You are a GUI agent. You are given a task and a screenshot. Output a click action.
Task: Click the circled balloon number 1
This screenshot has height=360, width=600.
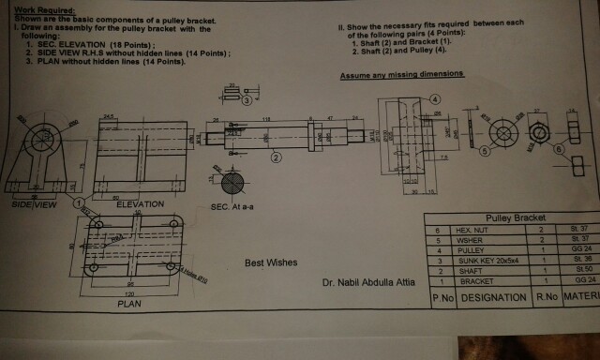[80, 201]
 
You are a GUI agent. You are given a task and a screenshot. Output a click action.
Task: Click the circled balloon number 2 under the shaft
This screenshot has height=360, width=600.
[276, 157]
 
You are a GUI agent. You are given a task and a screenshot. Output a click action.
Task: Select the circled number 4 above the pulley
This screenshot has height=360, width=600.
[435, 98]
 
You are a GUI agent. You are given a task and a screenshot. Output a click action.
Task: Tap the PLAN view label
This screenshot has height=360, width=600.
[128, 304]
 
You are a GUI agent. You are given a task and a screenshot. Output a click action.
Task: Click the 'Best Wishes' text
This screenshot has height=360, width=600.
[271, 262]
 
